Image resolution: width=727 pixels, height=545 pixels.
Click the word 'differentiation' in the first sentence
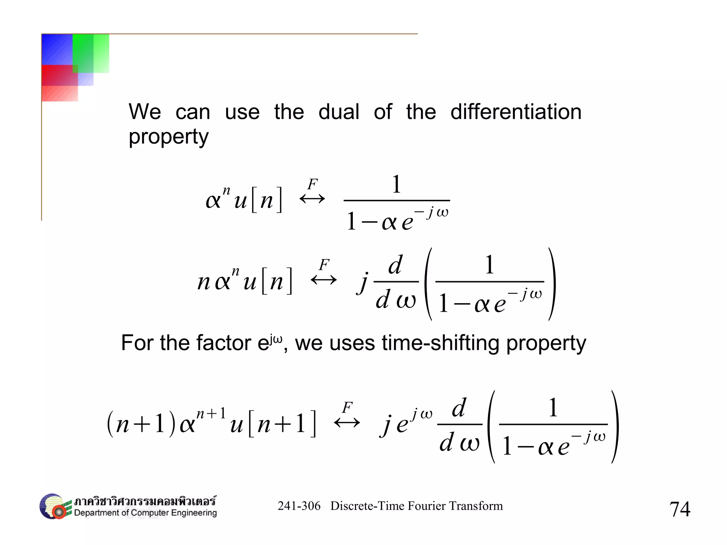[516, 112]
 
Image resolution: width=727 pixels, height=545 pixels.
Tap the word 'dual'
[339, 112]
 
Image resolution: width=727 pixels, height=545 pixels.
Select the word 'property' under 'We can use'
[169, 137]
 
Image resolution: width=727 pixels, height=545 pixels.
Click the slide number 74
[679, 509]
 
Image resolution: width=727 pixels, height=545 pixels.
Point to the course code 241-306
[299, 506]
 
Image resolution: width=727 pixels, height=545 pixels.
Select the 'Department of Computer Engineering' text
[145, 513]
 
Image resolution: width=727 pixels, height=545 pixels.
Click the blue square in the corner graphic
[57, 49]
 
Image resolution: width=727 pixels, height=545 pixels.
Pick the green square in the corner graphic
[91, 53]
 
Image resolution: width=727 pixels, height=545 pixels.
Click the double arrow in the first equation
[312, 199]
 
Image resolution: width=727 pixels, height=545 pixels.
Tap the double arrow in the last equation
[347, 423]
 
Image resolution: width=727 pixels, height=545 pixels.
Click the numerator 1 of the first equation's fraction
[397, 184]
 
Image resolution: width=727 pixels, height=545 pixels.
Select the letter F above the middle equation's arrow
[324, 265]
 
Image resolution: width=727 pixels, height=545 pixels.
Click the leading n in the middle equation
[204, 282]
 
